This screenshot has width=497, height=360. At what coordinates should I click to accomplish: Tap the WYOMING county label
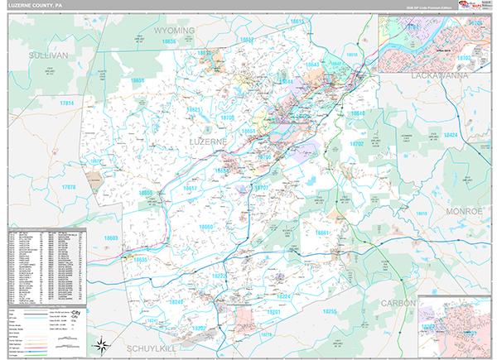(174, 31)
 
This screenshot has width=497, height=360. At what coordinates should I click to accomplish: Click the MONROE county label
(465, 212)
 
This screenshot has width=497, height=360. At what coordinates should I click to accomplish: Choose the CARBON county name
(397, 304)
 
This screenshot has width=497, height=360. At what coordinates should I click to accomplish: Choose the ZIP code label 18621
(194, 109)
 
